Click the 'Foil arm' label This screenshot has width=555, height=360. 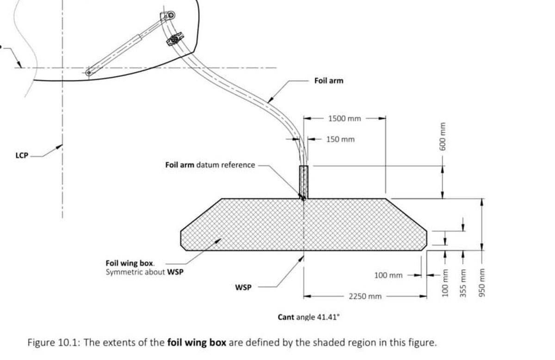(x=329, y=81)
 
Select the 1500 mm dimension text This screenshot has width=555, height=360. (x=344, y=118)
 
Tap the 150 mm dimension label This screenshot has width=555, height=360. (x=340, y=139)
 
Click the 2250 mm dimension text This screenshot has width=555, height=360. (x=365, y=296)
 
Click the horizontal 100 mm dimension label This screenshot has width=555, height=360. (x=388, y=275)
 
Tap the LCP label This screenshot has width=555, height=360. (x=22, y=155)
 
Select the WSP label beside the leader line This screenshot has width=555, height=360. (x=243, y=287)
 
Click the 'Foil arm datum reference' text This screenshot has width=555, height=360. (x=210, y=165)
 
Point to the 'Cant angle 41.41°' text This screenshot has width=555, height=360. (x=308, y=317)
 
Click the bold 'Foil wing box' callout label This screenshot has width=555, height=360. (x=130, y=263)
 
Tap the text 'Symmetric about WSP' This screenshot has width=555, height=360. (x=144, y=272)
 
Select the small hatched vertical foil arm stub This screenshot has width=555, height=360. (x=303, y=182)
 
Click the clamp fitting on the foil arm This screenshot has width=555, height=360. (x=175, y=40)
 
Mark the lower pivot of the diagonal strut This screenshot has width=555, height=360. (x=88, y=73)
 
